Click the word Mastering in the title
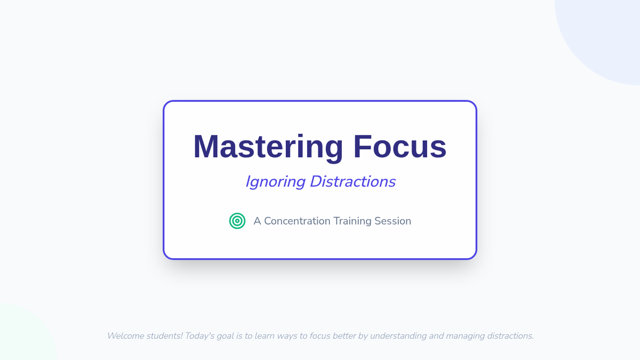[x=268, y=147]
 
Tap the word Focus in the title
[x=399, y=146]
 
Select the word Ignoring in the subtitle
[x=275, y=182]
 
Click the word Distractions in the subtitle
[x=353, y=181]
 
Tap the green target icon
[x=237, y=221]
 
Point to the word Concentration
[x=297, y=221]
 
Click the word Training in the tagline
[x=353, y=221]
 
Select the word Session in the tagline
[x=393, y=221]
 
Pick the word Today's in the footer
[x=199, y=335]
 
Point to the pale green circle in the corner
[x=23, y=334]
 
